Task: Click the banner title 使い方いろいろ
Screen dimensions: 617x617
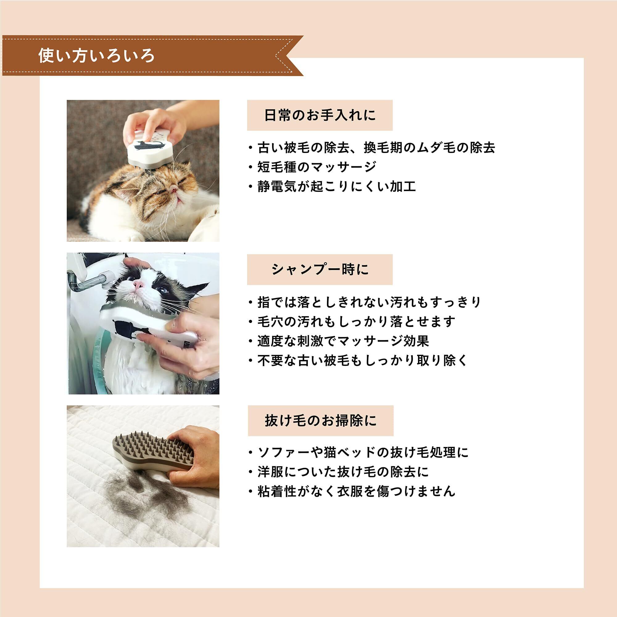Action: [x=97, y=56]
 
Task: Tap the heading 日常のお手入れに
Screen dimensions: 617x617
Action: [x=320, y=115]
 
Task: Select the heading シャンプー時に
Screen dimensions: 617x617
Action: [x=320, y=270]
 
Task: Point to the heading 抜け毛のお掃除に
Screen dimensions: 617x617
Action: [x=321, y=420]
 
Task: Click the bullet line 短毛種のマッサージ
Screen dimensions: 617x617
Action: [x=317, y=167]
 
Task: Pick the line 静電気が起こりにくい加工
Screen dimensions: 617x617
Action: [x=337, y=187]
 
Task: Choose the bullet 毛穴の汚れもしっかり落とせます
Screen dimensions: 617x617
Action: [x=356, y=321]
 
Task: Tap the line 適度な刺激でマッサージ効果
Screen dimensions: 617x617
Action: [x=343, y=341]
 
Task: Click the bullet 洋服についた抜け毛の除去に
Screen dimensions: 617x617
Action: [x=343, y=472]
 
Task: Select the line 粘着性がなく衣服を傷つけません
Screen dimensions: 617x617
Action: [x=356, y=491]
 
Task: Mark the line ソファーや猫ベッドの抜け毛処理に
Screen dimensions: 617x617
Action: [x=363, y=453]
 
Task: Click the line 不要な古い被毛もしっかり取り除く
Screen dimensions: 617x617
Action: [x=363, y=361]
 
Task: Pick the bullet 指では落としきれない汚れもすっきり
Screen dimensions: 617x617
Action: [x=370, y=302]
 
